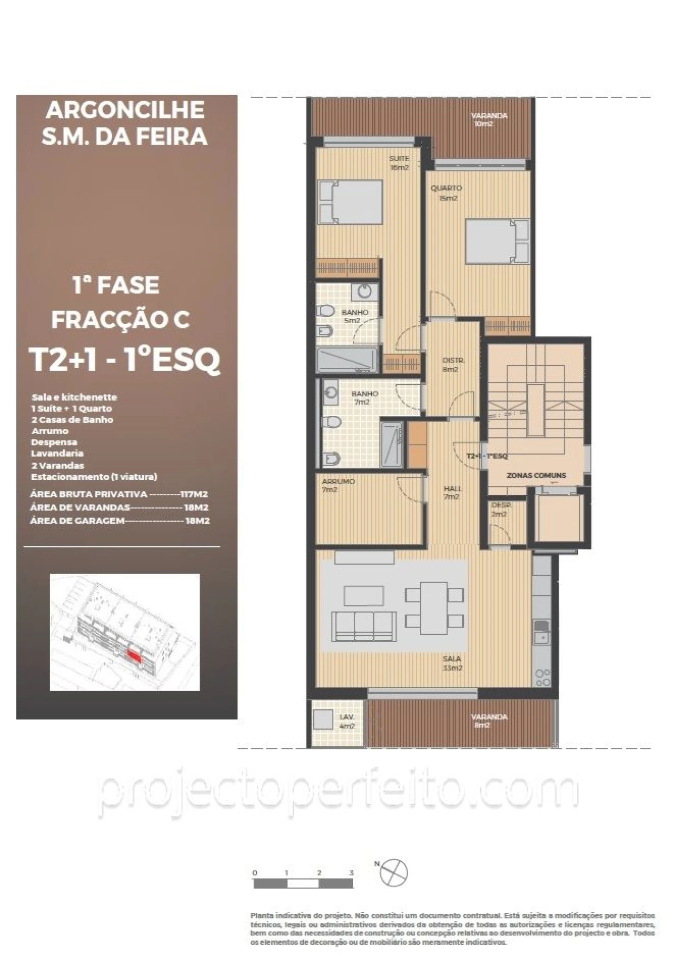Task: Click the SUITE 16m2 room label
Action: [399, 163]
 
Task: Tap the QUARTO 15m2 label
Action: [447, 193]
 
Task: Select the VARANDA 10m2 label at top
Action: [488, 119]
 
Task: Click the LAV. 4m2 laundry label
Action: [346, 722]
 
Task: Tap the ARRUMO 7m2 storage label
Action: [338, 485]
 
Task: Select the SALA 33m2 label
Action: [452, 663]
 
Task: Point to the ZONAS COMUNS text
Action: [536, 475]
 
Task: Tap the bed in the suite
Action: [351, 202]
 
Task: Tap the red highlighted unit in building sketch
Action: [135, 656]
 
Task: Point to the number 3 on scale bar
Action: [351, 873]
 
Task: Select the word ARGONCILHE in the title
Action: [125, 110]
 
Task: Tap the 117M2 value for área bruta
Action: [193, 494]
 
